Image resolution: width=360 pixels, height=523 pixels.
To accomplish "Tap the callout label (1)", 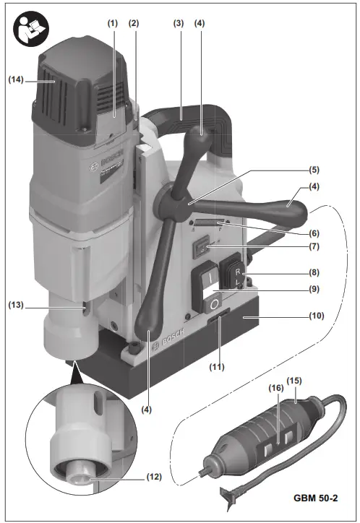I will click(112, 23).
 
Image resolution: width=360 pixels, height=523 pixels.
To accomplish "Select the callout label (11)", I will click(216, 366).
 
